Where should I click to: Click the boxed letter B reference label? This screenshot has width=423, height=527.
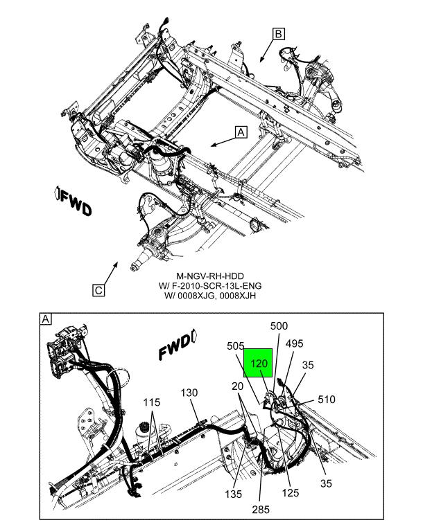click(x=278, y=33)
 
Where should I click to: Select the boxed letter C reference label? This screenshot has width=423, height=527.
click(x=100, y=291)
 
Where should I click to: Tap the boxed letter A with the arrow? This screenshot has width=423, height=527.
click(x=241, y=132)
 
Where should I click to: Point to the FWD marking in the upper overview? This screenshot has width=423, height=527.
click(x=73, y=202)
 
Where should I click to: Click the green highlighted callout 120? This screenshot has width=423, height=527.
click(x=258, y=364)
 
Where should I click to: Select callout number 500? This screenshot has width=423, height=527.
click(x=279, y=326)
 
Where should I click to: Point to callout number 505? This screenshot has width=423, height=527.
click(x=236, y=346)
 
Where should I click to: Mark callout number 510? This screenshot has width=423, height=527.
click(x=327, y=399)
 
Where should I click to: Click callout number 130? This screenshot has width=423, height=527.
click(x=189, y=393)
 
